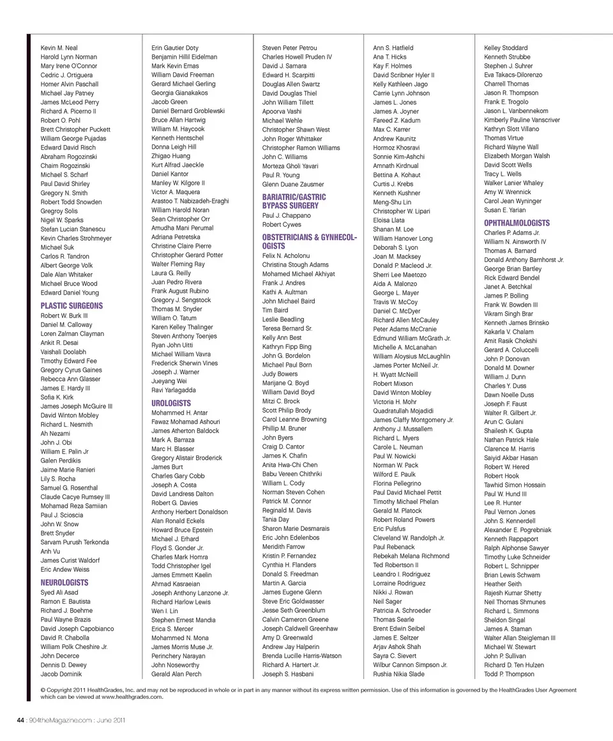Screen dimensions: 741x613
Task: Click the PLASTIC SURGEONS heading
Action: pos(71,306)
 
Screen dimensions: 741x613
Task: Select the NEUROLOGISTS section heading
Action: pos(64,583)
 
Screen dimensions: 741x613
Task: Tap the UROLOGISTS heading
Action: pos(170,403)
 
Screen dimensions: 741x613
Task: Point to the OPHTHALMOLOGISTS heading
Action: pos(517,223)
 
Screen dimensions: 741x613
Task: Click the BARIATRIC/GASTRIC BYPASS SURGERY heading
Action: pos(294,201)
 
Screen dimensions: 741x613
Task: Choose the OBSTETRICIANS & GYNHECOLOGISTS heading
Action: pos(309,241)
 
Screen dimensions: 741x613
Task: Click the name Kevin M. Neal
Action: pos(59,48)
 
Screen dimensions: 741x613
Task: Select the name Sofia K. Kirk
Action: pos(57,397)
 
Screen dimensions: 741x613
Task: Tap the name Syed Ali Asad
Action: pos(59,593)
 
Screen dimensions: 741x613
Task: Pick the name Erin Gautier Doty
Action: pos(174,48)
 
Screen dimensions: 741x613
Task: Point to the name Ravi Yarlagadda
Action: pos(173,390)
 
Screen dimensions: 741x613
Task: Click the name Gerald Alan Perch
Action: pos(176,674)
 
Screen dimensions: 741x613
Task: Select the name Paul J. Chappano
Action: pos(286,216)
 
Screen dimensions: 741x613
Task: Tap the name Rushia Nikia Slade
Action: pos(398,674)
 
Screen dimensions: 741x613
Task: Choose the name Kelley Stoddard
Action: pos(506,48)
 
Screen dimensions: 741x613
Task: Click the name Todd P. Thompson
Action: pos(509,674)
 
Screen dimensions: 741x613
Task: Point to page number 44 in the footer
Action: pos(20,720)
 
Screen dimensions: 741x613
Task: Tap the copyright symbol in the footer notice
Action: pos(43,690)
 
